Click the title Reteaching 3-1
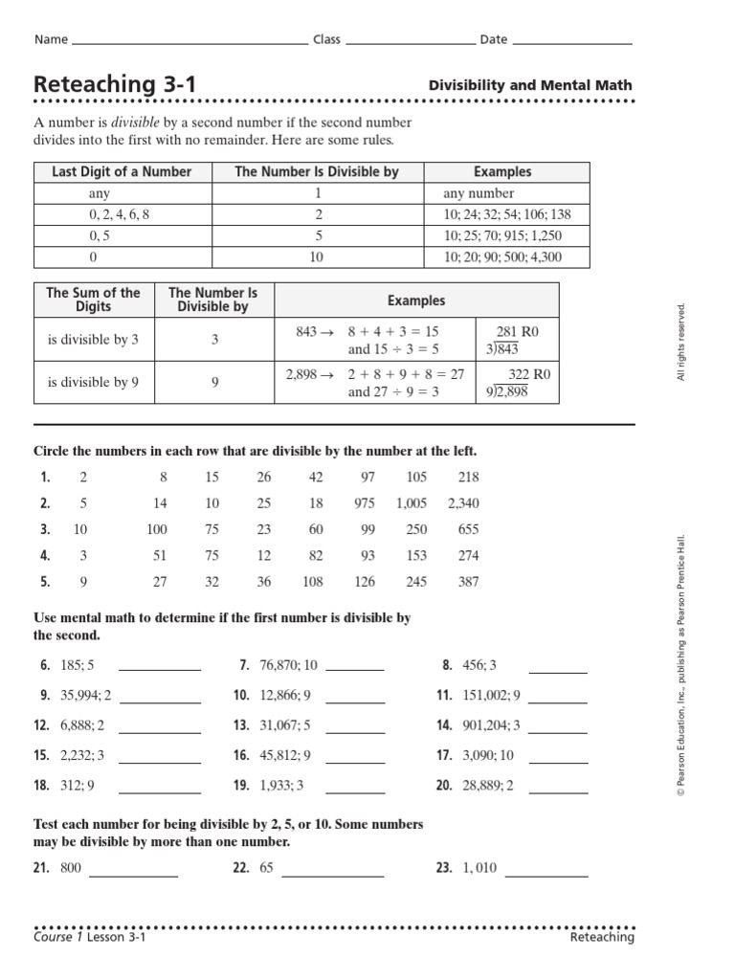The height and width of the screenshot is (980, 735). pyautogui.click(x=115, y=85)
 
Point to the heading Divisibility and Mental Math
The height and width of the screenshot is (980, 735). pyautogui.click(x=530, y=85)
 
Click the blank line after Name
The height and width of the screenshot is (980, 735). pyautogui.click(x=189, y=43)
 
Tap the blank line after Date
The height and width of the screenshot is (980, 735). pyautogui.click(x=572, y=43)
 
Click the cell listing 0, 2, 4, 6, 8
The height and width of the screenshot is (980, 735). pyautogui.click(x=120, y=214)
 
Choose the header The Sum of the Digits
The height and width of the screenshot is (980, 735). pyautogui.click(x=93, y=300)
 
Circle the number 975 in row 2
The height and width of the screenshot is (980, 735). pyautogui.click(x=364, y=503)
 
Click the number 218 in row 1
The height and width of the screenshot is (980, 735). pyautogui.click(x=468, y=478)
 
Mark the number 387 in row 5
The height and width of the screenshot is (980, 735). pyautogui.click(x=468, y=582)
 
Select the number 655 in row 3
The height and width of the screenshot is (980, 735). pyautogui.click(x=468, y=529)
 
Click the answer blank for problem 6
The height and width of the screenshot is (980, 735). pyautogui.click(x=159, y=669)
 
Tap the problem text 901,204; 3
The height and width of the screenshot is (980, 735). pyautogui.click(x=494, y=726)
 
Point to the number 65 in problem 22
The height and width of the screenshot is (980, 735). pyautogui.click(x=266, y=868)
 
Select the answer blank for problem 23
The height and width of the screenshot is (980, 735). pyautogui.click(x=546, y=874)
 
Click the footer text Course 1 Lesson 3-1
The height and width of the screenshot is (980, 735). pyautogui.click(x=90, y=938)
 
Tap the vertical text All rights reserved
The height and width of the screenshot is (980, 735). pyautogui.click(x=682, y=342)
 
